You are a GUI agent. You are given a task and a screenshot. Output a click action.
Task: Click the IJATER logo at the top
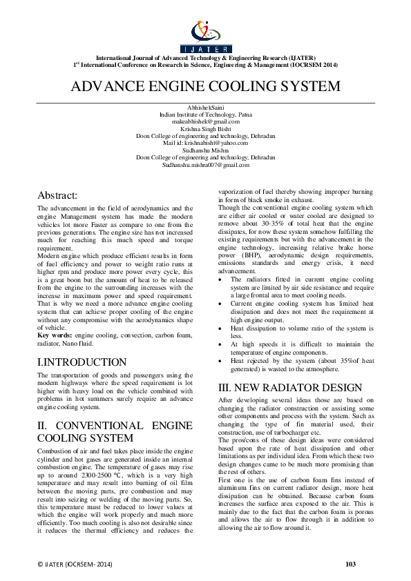click(x=206, y=37)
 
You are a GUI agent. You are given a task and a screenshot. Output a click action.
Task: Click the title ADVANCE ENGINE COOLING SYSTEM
click(x=206, y=87)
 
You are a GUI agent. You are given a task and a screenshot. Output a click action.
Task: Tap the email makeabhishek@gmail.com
click(x=205, y=121)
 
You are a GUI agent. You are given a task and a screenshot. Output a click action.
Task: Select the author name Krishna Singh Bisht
click(x=205, y=128)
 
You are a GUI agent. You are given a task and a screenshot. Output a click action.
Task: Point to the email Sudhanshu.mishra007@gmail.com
click(x=205, y=166)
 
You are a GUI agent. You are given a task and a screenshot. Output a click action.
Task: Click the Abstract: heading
click(x=58, y=195)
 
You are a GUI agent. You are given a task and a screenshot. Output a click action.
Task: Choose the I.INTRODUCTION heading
click(x=82, y=362)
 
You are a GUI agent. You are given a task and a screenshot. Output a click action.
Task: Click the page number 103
click(x=350, y=564)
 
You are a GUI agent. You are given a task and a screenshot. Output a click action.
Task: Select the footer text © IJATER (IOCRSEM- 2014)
click(x=74, y=564)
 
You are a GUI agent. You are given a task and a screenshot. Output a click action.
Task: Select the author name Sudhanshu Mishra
click(x=205, y=150)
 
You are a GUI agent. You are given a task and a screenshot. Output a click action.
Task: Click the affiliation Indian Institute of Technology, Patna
click(x=205, y=114)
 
